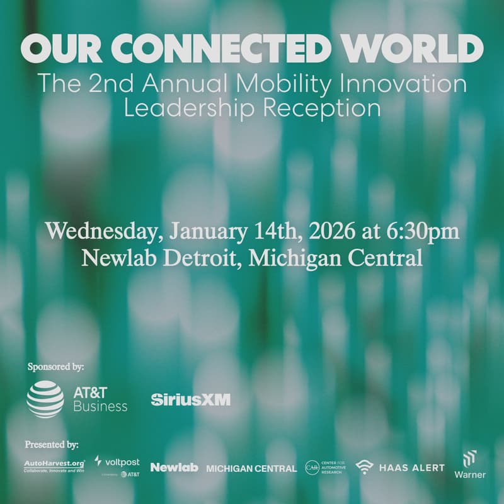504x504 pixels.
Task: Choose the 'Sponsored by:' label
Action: coord(56,366)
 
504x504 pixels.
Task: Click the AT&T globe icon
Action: coord(45,400)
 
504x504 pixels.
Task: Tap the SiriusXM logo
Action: coord(191,399)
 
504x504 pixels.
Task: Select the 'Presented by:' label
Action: coord(52,445)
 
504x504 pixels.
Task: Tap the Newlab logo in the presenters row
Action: coord(174,467)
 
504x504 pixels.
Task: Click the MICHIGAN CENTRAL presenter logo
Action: coord(251,468)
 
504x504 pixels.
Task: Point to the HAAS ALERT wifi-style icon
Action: coord(364,467)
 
